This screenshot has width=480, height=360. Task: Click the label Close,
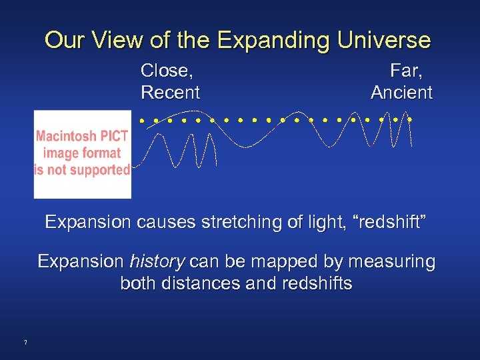171,70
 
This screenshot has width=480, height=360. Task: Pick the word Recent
171,93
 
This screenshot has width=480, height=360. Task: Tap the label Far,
407,70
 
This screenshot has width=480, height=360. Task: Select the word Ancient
401,93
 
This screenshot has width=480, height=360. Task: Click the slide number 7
25,343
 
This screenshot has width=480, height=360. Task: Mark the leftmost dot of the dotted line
141,121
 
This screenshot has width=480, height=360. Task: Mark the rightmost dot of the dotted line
411,120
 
